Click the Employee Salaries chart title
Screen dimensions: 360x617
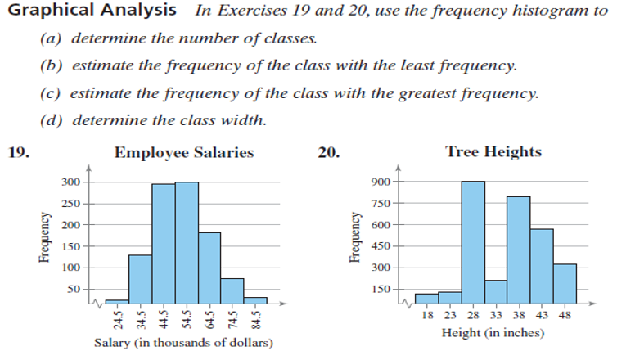tap(184, 152)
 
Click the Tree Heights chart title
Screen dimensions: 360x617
tap(493, 152)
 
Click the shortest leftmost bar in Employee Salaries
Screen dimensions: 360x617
tap(117, 299)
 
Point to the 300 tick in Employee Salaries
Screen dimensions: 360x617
tap(70, 182)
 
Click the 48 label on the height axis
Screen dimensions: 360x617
tap(565, 315)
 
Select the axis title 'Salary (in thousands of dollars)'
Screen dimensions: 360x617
tap(184, 342)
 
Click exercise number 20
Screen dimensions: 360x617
tap(326, 152)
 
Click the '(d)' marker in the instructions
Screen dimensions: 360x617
tap(52, 119)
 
